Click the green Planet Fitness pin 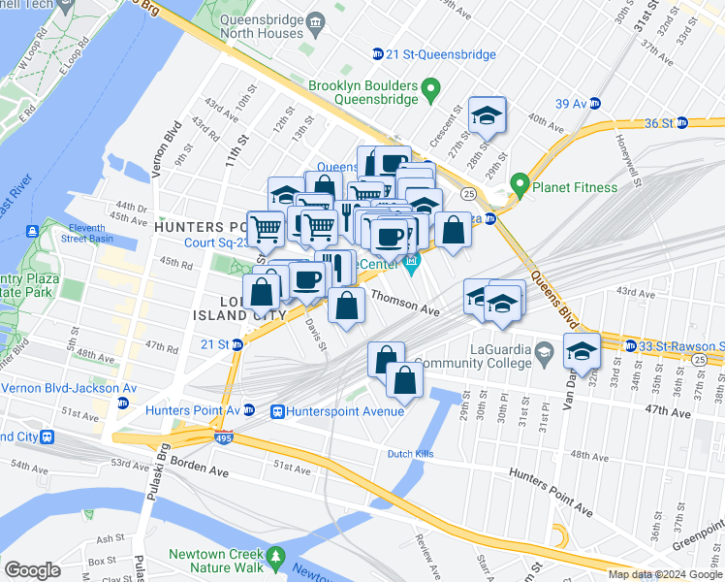point(520,183)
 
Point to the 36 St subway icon point(681,123)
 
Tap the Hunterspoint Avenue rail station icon point(277,411)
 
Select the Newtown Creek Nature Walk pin point(277,557)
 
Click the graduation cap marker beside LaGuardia point(582,351)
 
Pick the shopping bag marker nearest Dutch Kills point(405,379)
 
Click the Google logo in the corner point(33,570)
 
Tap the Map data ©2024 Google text point(664,575)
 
